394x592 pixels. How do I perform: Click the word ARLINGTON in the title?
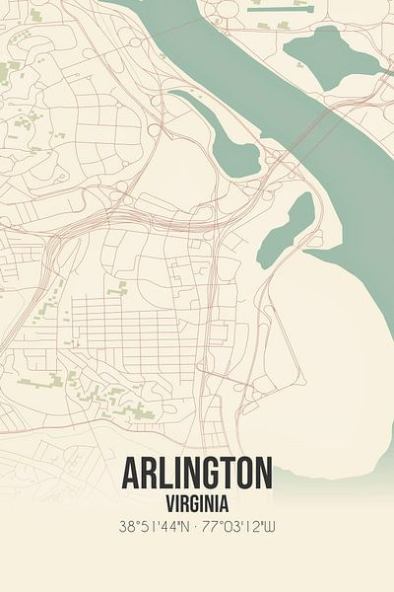click(197, 475)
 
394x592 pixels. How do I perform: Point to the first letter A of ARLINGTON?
click(132, 475)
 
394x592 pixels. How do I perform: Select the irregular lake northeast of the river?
click(330, 51)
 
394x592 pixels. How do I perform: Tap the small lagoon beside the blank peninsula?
click(288, 229)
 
